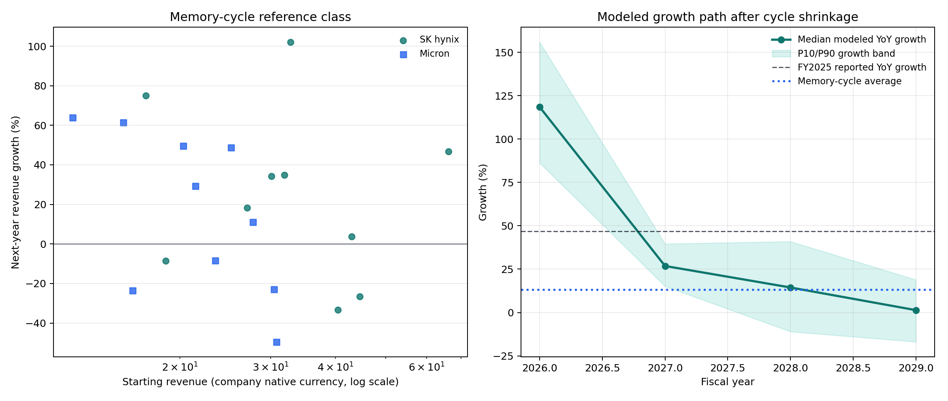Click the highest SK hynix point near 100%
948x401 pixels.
pyautogui.click(x=290, y=43)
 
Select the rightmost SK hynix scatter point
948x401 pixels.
pyautogui.click(x=448, y=152)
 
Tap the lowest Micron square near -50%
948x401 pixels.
pyautogui.click(x=277, y=342)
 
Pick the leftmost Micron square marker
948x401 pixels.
pyautogui.click(x=73, y=118)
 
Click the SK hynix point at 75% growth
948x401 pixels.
pyautogui.click(x=146, y=96)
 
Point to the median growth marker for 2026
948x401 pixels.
pyautogui.click(x=540, y=107)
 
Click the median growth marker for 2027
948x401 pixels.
pyautogui.click(x=665, y=266)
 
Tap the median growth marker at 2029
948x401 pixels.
pyautogui.click(x=916, y=311)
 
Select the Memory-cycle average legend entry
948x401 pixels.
pyautogui.click(x=849, y=81)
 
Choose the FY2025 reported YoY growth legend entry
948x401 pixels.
pyautogui.click(x=862, y=68)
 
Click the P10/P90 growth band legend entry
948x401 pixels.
pyautogui.click(x=846, y=54)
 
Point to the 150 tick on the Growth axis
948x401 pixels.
pyautogui.click(x=504, y=53)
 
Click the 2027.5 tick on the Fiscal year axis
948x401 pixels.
pyautogui.click(x=728, y=368)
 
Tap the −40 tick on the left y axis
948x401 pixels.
pyautogui.click(x=36, y=324)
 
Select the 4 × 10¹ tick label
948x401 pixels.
pyautogui.click(x=335, y=367)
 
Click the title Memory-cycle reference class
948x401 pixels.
pyautogui.click(x=260, y=17)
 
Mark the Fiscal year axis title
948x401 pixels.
pyautogui.click(x=727, y=382)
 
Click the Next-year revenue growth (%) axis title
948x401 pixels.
pyautogui.click(x=15, y=192)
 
